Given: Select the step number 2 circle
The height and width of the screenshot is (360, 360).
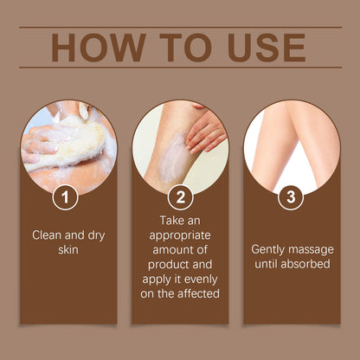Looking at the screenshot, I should [180, 197].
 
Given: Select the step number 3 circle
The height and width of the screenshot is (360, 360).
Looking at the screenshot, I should [292, 197].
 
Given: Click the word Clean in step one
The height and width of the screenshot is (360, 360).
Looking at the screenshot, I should [48, 234].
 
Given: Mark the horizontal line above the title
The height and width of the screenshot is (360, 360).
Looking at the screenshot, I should [180, 28].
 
